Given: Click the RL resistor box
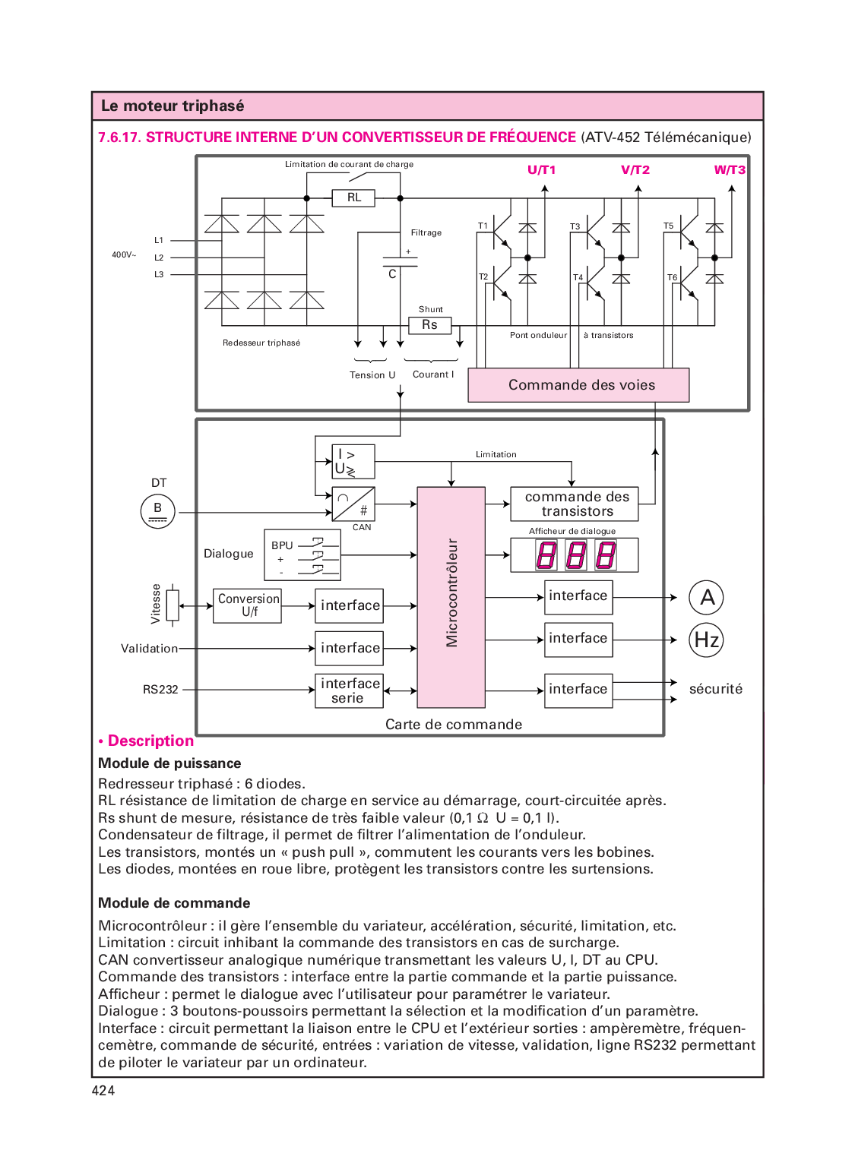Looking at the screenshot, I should coord(353,198).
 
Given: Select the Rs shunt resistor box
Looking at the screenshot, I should coord(429,325).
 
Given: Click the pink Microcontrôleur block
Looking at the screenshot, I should coord(451,597).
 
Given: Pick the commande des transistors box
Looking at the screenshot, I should coord(575,504).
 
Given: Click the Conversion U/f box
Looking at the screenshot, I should coord(248,605).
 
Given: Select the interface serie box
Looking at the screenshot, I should coord(349,690).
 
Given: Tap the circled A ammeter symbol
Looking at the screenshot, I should coord(706,598).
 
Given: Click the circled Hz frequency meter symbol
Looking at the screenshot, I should coord(706,640).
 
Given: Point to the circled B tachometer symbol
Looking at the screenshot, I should coord(158,510).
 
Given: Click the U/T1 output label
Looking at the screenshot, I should coord(541,170).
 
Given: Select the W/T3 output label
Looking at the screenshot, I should coord(729,170).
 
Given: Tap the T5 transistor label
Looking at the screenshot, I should coord(668,226).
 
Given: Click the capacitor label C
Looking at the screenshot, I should coord(392,274).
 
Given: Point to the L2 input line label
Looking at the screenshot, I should coord(159,257).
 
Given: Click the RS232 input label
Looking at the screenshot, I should coord(160,690).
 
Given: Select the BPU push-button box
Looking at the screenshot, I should coord(302,555).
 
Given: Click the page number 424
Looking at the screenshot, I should coord(103,1091).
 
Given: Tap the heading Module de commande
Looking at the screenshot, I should coord(174,903).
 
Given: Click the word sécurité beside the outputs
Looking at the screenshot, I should coord(715,689).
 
